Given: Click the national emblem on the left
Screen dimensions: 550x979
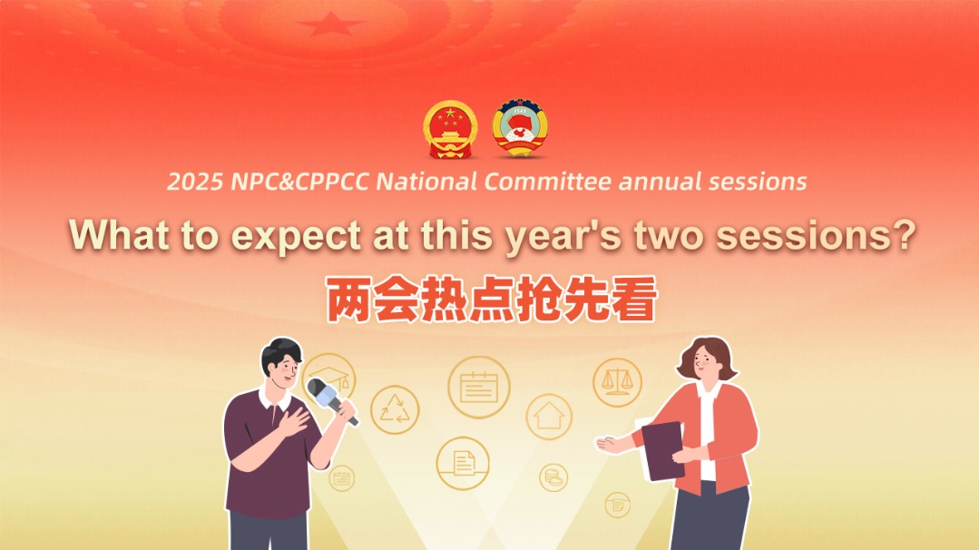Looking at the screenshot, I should tap(450, 128).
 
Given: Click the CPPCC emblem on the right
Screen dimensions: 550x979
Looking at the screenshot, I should tap(521, 128).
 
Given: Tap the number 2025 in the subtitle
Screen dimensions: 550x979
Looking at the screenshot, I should tap(194, 182).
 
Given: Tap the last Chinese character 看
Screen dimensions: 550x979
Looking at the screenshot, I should tap(633, 300).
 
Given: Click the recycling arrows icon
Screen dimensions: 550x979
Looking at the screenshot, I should tap(395, 409).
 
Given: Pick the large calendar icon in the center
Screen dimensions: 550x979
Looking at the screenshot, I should tap(478, 387).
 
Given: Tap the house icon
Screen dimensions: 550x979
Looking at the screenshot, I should tap(549, 417).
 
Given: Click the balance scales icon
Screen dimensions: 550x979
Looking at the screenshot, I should tap(617, 381).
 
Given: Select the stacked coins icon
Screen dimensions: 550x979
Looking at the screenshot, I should tap(553, 476).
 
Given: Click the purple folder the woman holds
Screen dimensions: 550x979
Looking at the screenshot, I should tap(661, 450).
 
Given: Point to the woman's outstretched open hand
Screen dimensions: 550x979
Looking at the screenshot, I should tap(610, 443).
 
